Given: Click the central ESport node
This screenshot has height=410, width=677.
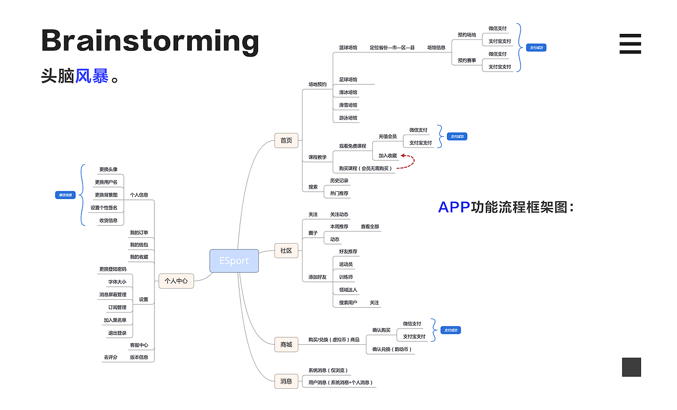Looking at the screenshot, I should pos(234,261).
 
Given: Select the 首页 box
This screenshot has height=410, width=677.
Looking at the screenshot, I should pos(286,140).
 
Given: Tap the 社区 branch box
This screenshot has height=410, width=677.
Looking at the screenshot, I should pos(286,251).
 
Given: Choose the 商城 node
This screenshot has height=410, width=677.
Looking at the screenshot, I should pos(286,345).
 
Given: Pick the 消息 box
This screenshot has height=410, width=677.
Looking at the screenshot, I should pos(286,381).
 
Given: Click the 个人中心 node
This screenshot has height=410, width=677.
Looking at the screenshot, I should pos(176,281).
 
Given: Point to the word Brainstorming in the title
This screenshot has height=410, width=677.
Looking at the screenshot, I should pos(150,40).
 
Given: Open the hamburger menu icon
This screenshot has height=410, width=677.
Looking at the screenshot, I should pos(630,44).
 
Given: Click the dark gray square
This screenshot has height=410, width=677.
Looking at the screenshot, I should pos(631,367).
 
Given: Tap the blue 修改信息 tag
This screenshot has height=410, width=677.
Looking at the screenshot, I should pos(64,195).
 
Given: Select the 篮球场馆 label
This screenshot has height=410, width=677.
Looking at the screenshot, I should pos(348,48).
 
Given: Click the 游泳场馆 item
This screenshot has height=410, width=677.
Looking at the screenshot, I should pos(348,118).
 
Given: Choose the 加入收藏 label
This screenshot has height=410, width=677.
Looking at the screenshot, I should pos(388,156).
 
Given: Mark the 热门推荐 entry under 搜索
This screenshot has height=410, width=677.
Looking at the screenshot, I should pos(339,193).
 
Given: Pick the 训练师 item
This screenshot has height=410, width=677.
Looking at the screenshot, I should pos(346,277).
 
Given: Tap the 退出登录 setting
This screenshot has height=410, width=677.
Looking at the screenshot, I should pos(117,333).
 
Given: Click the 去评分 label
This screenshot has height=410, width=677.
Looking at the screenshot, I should pos(111,358).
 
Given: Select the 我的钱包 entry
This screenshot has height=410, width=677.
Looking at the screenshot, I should pos(139,245).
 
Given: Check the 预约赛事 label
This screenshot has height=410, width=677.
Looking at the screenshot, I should pos(466,60).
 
